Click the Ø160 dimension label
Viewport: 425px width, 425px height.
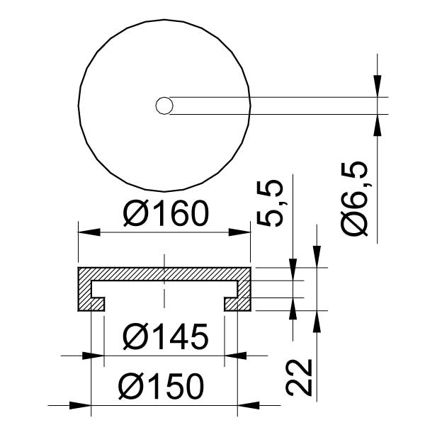click(166, 213)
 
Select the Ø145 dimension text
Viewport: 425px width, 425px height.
click(166, 336)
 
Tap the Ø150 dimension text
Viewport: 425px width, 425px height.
click(161, 387)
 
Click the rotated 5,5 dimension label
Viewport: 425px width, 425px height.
click(270, 203)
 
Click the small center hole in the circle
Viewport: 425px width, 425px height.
click(164, 106)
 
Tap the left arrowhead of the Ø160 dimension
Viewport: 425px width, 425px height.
click(89, 232)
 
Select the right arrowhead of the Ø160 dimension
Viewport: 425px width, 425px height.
click(239, 232)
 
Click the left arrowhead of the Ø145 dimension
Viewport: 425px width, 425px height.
click(93, 356)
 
